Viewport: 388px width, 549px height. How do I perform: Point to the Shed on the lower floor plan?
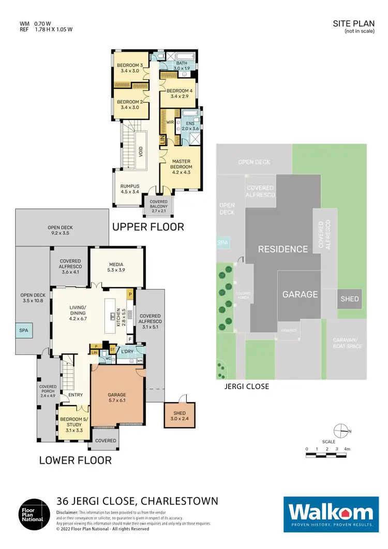(180, 416)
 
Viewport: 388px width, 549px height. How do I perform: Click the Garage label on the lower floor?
(117, 397)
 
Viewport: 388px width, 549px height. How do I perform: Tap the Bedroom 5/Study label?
(71, 422)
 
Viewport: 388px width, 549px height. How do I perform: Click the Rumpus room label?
(130, 189)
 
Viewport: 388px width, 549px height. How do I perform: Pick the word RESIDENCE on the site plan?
(283, 249)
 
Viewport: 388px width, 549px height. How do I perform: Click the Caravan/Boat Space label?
(347, 343)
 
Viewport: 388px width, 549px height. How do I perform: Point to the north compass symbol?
(341, 431)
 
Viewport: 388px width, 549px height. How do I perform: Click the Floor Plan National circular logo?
(35, 514)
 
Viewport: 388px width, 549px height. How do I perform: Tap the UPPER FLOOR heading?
(148, 227)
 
